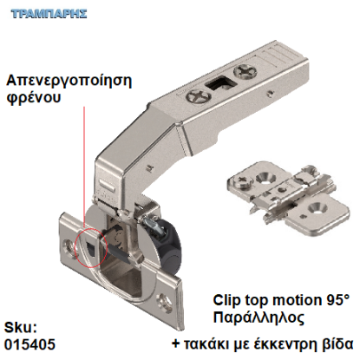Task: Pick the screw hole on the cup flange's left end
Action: [69, 245]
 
